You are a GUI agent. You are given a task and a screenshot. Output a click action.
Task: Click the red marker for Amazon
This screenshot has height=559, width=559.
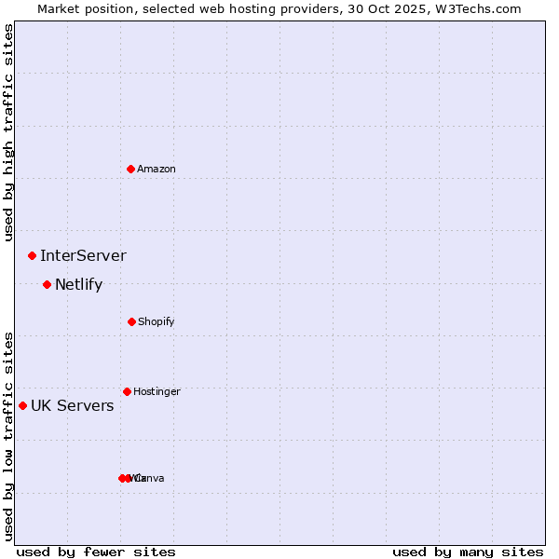[130, 169]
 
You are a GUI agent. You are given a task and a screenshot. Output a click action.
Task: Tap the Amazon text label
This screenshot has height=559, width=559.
[157, 169]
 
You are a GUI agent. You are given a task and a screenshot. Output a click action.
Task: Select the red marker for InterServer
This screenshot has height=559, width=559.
[32, 255]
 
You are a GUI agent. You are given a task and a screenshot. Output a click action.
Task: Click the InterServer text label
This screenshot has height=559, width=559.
[83, 255]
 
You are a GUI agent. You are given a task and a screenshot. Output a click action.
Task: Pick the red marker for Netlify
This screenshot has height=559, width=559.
[47, 284]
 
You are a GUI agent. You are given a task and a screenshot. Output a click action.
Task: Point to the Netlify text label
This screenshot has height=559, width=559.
[78, 285]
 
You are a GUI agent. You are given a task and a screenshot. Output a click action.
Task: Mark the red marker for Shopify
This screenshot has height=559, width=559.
[131, 321]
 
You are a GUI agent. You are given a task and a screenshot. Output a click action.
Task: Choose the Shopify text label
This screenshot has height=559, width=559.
[157, 321]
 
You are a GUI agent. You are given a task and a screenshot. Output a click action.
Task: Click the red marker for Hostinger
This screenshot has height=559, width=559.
[127, 391]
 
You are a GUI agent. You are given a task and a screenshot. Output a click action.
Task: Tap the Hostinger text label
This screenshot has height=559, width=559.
[157, 391]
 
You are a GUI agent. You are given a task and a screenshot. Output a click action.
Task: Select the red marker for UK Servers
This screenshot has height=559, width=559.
[22, 405]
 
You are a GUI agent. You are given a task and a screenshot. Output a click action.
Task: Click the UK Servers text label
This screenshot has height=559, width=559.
[73, 405]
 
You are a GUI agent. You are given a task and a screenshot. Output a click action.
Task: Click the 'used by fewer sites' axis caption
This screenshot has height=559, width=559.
[96, 552]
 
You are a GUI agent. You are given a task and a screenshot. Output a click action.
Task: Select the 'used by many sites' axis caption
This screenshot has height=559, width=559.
[468, 552]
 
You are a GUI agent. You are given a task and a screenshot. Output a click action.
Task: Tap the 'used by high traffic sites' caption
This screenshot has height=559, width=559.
[8, 132]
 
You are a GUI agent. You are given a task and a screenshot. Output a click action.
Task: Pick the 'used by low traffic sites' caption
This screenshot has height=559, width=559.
[8, 436]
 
